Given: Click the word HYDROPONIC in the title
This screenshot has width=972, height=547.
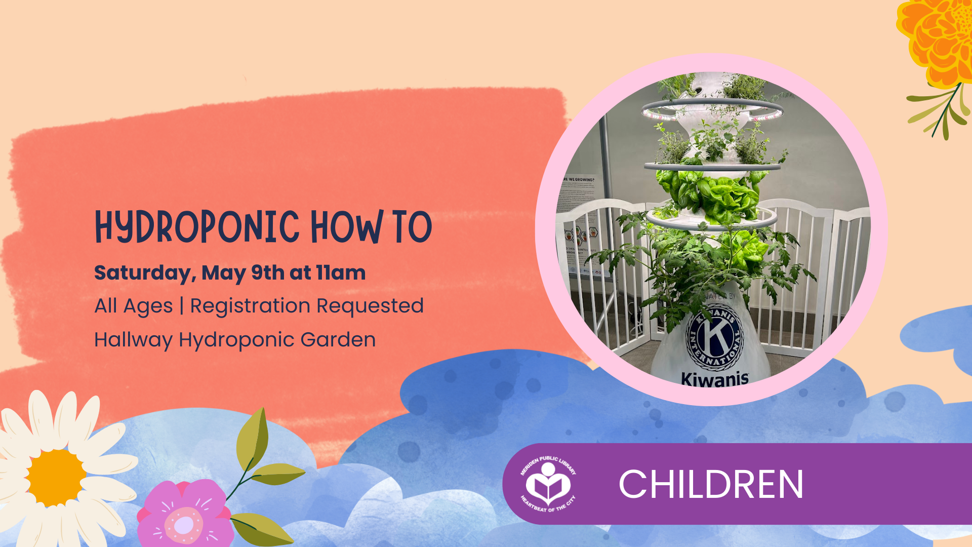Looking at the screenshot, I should coord(197,227).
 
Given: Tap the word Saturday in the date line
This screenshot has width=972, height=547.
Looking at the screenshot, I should coord(144,273).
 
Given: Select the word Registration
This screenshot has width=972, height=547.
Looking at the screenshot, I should coord(250,306).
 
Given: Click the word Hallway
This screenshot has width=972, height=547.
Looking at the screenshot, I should coord(133,340).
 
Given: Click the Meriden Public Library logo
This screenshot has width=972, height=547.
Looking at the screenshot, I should coord(548,484).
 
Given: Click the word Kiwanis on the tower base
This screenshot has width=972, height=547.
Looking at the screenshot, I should coord(715,379).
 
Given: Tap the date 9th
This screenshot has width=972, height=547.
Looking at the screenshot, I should coord(267,273).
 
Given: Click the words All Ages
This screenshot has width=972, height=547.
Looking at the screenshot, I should coord(134,306).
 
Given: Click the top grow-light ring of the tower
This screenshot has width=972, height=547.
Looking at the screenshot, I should coord(712,108).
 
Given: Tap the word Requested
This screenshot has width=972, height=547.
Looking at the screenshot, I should coord(370,306).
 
